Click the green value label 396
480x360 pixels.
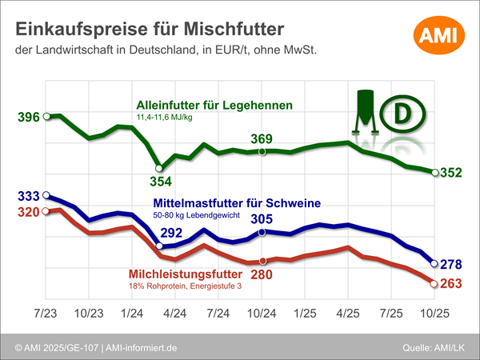point(28,118)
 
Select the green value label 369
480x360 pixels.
point(262,139)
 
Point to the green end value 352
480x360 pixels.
point(452,173)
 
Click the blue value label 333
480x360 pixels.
point(28,196)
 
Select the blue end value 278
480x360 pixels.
point(452,264)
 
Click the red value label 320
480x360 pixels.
point(28,213)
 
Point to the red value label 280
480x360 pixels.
point(262,274)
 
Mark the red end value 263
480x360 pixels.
point(452,284)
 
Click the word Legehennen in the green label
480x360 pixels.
point(259,105)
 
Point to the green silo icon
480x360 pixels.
point(366,110)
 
